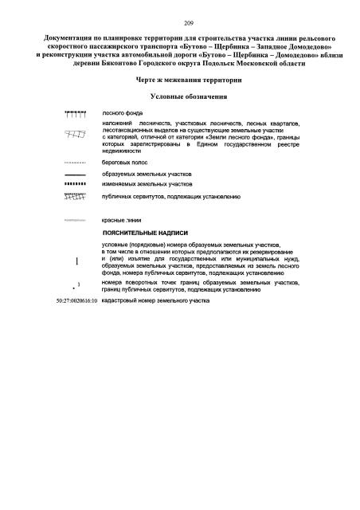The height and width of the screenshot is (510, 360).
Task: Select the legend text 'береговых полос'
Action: pos(126,162)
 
